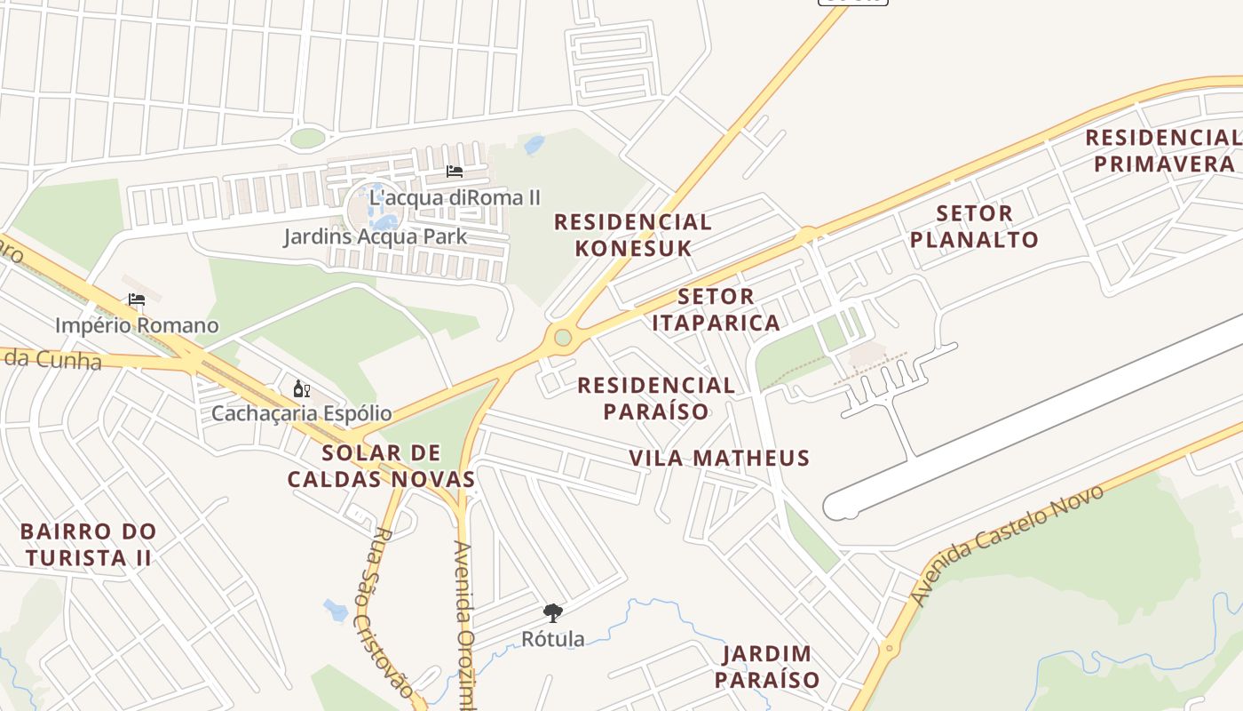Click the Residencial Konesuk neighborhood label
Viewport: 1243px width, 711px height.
pos(632,235)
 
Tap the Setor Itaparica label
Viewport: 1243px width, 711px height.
pos(716,309)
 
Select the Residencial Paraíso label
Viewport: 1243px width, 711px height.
pos(656,397)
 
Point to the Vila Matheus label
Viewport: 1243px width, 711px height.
pos(719,458)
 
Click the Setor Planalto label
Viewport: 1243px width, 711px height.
pos(974,227)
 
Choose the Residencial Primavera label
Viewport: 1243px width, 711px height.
pos(1163,150)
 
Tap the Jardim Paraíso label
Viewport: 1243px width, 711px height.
pos(767,667)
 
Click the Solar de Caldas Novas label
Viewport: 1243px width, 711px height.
pos(381,466)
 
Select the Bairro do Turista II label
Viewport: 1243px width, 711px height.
pos(88,545)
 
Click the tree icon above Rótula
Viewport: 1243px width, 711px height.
pos(553,612)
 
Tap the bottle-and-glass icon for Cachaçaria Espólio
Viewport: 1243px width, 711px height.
pos(302,389)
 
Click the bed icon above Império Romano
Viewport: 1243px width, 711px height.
pos(136,300)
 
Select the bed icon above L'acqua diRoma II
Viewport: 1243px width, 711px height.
pos(455,172)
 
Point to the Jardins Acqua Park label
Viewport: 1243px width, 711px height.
pos(375,236)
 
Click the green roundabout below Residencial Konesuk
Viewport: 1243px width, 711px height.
pos(563,338)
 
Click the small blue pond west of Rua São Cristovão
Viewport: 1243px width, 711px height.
pos(336,610)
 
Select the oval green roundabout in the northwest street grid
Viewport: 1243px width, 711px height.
pos(307,138)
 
